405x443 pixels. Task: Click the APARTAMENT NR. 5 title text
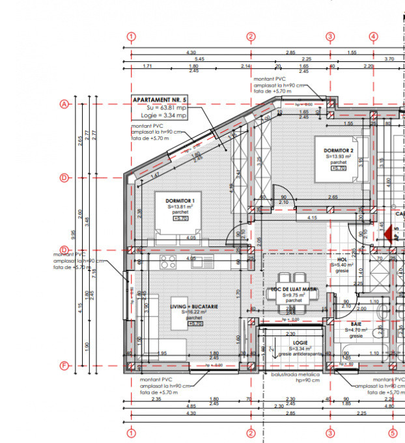160,100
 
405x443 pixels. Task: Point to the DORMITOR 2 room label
339,150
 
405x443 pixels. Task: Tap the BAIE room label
356,324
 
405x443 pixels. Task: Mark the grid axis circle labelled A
64,104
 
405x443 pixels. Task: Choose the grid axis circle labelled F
64,366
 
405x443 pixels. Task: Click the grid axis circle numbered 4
373,36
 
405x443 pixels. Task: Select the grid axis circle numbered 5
393,433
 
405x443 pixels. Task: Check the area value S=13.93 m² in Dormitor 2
338,156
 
